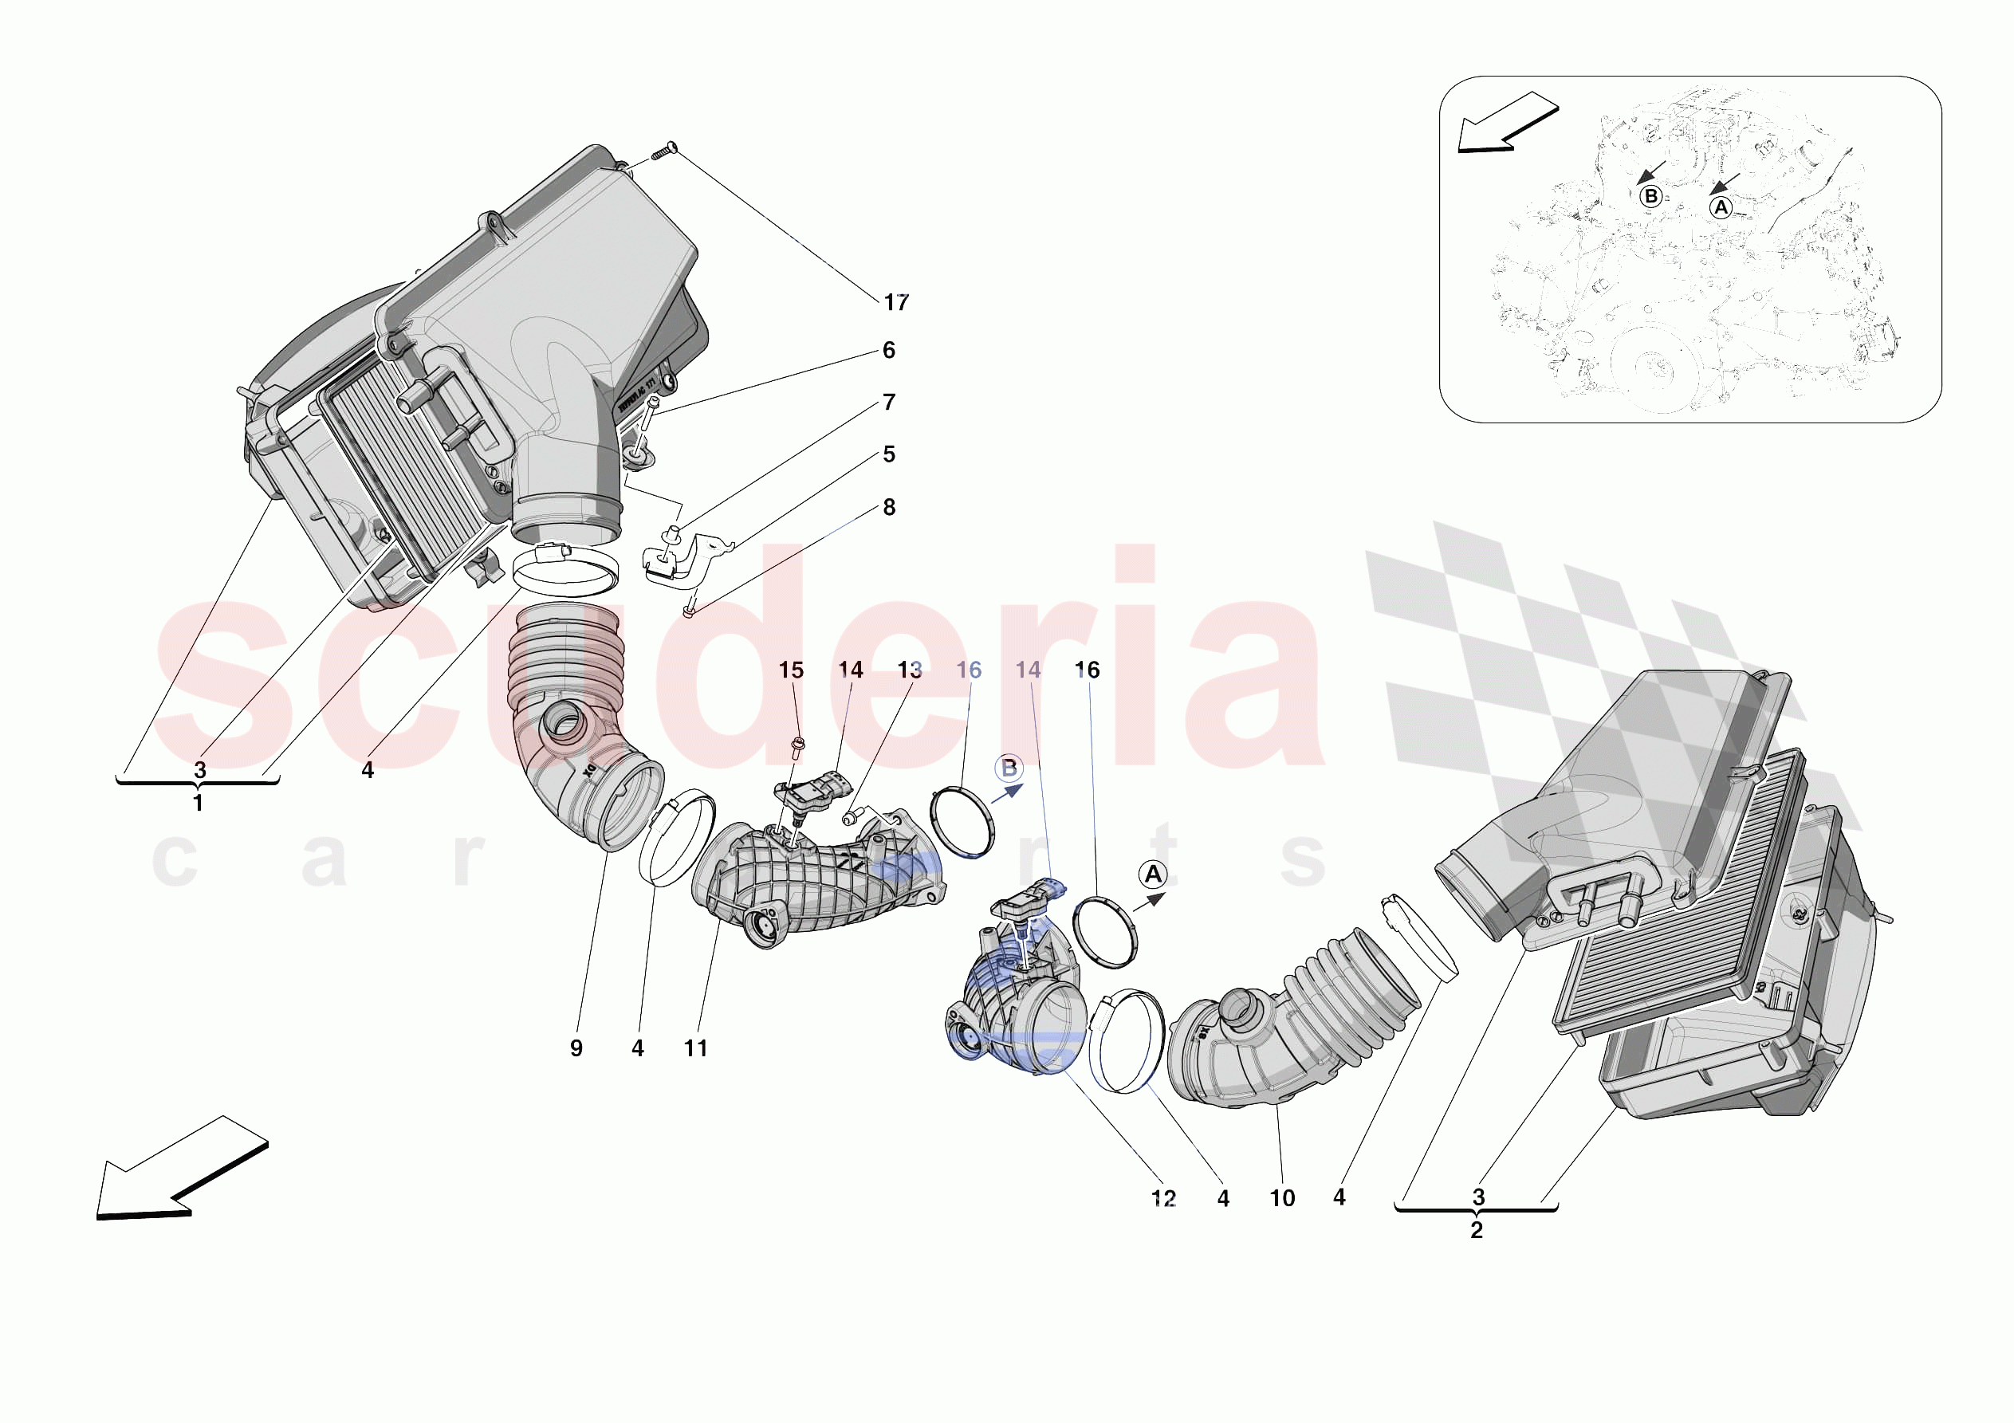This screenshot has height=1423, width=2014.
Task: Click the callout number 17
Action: pos(895,303)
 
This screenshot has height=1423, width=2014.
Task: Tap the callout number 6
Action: pos(888,351)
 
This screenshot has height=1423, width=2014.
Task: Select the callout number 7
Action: pos(888,403)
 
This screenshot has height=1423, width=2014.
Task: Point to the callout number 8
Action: pos(888,508)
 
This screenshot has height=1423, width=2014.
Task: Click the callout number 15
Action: pos(790,670)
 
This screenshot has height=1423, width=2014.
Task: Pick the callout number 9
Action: pos(576,1048)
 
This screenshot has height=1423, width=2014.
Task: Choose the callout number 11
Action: pos(695,1048)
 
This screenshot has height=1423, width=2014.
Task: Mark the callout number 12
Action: pos(1163,1198)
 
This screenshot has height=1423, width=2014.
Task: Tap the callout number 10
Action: pos(1281,1198)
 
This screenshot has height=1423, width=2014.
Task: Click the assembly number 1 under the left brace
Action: pos(199,804)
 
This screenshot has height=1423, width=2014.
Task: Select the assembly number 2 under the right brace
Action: pos(1477,1231)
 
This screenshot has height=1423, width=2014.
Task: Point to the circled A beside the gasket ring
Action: pos(1153,875)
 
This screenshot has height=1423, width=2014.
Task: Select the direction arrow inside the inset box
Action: pos(1506,123)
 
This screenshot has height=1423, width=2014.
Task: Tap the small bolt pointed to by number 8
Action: pos(690,608)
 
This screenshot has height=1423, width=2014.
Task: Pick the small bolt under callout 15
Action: pos(797,748)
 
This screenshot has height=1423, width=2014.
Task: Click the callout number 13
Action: pos(910,670)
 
